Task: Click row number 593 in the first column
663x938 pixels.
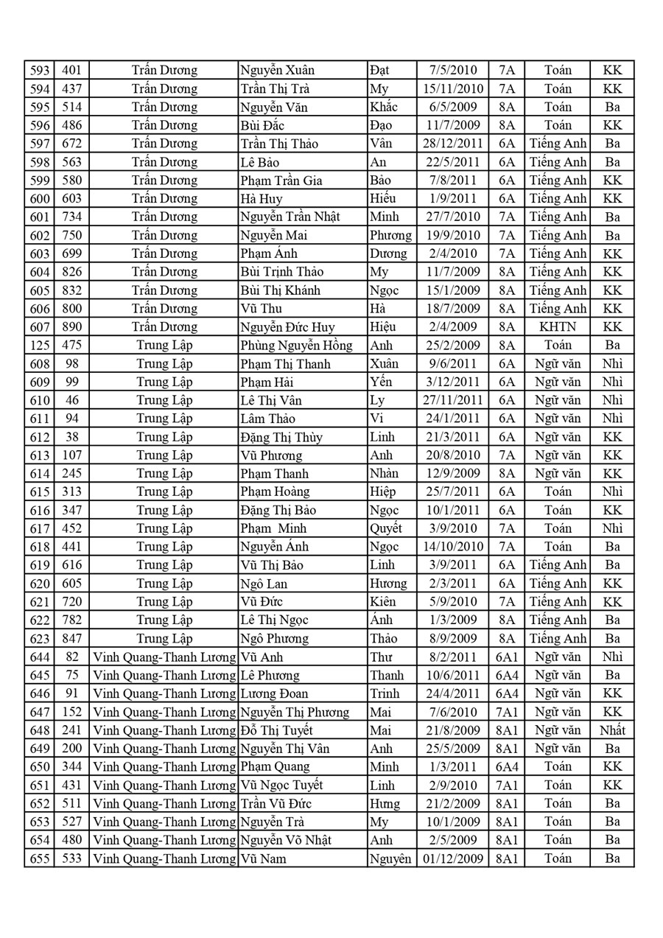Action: tap(40, 71)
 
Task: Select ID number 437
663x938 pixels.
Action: tap(71, 89)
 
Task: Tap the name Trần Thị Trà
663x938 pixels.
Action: tap(278, 89)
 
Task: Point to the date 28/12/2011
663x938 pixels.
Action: tap(452, 144)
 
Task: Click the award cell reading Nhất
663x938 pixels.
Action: tap(612, 730)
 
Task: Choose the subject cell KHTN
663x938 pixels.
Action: tap(558, 327)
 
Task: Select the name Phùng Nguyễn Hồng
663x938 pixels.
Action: tap(296, 346)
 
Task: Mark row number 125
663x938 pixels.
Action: tap(40, 346)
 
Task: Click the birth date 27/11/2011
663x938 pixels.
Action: tap(452, 400)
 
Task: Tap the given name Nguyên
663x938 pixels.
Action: tap(390, 858)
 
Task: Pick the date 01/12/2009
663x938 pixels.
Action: tap(452, 858)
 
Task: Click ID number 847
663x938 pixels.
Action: tap(71, 638)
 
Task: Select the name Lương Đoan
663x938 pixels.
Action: tap(274, 693)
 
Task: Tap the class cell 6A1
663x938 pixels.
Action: tap(507, 657)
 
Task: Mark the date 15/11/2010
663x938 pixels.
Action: tap(452, 89)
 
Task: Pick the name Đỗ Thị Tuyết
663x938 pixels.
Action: tap(277, 730)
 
